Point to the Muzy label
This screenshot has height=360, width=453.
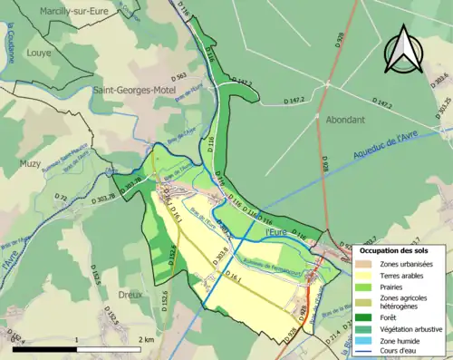[31, 163]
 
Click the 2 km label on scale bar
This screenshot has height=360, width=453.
[147, 340]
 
